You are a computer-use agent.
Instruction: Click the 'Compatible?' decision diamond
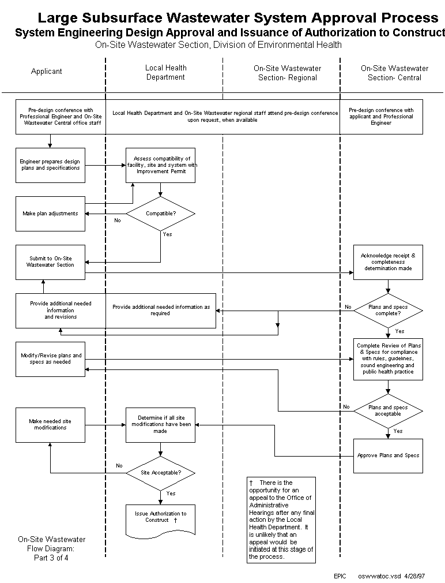point(160,214)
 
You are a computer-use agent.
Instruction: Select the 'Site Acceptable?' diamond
point(161,473)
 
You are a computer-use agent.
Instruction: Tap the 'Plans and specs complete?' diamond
point(388,311)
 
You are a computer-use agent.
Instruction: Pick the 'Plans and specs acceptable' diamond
point(388,410)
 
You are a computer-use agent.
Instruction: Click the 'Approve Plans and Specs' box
point(388,455)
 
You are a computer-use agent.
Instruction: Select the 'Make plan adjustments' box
point(50,214)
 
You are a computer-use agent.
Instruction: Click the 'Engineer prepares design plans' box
point(50,165)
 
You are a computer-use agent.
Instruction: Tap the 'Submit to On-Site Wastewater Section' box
point(50,261)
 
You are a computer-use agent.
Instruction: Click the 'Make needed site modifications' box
point(50,425)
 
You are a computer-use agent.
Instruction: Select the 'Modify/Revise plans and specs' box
point(51,359)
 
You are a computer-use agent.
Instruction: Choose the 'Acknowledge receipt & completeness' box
point(388,262)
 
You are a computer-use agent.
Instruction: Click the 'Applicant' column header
point(47,72)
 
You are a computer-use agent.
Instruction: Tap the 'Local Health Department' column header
point(165,72)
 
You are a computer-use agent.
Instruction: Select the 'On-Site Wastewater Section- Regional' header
point(287,73)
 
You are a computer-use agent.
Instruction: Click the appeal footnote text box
point(281,520)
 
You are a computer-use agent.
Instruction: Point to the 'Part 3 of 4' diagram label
point(51,558)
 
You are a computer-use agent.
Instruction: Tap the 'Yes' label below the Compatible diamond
point(167,234)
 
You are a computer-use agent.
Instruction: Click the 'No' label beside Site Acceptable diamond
point(119,466)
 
